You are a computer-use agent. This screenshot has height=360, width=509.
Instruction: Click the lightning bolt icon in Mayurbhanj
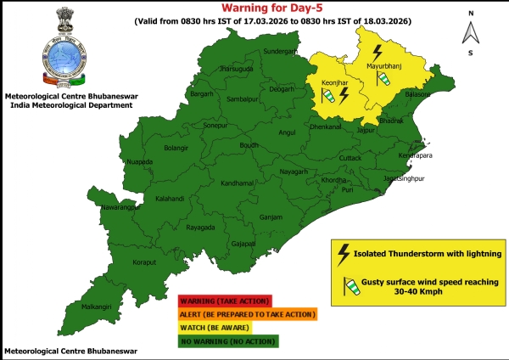[x=377, y=51]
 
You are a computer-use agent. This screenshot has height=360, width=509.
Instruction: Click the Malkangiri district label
[x=90, y=307]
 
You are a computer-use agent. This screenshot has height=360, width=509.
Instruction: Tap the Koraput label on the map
[x=121, y=262]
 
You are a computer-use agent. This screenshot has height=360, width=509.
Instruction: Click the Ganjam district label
[x=271, y=217]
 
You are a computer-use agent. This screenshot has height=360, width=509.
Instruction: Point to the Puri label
[x=348, y=190]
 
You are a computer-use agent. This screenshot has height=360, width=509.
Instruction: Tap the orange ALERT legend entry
[x=247, y=314]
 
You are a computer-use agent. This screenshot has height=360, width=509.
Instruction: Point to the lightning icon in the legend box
[x=344, y=252]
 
